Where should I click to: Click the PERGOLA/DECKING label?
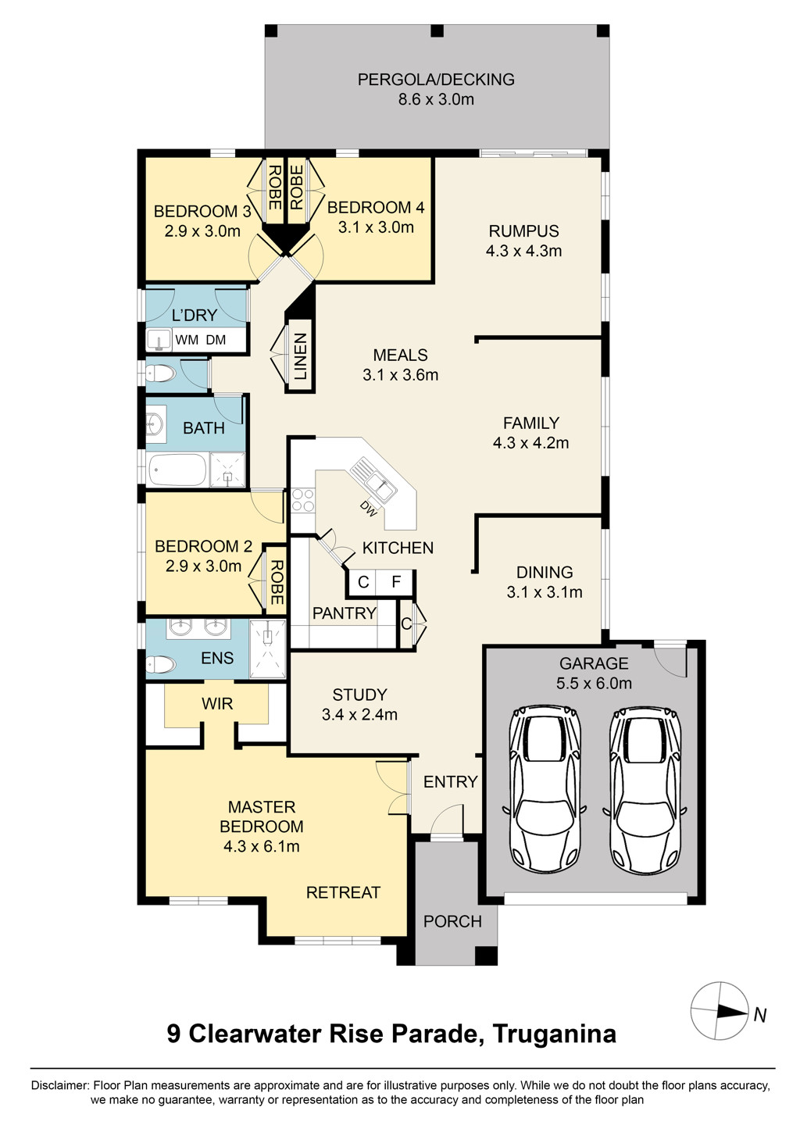[x=436, y=80]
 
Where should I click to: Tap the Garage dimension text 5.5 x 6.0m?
[x=594, y=683]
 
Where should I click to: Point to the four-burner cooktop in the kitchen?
[x=303, y=500]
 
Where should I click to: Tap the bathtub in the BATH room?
[x=177, y=470]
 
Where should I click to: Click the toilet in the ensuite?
[x=161, y=663]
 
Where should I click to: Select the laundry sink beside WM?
[x=159, y=340]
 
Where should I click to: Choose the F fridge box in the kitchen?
[x=397, y=582]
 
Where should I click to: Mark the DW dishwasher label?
[x=369, y=509]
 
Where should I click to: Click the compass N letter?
[x=760, y=1015]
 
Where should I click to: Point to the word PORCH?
[x=452, y=921]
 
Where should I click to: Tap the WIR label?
[x=217, y=704]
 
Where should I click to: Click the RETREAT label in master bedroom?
[x=343, y=892]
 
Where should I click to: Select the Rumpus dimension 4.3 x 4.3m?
[x=523, y=251]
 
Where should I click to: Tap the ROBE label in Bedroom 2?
[x=277, y=582]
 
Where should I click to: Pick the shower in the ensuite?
[x=268, y=648]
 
